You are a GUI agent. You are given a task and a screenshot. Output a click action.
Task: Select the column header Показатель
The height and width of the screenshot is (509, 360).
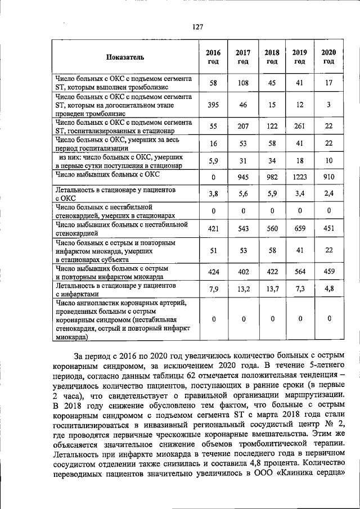[x=125, y=57]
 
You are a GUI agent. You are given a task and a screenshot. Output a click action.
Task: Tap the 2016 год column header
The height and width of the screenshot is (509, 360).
[x=213, y=57]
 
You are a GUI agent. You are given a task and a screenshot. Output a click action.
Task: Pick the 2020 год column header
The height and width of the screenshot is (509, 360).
[x=328, y=57]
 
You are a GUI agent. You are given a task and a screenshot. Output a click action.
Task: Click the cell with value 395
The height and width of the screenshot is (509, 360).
[x=213, y=105]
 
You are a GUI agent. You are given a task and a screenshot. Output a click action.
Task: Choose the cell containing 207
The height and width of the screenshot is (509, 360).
[x=242, y=127]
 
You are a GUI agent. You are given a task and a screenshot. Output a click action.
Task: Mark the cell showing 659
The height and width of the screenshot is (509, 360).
[x=300, y=229]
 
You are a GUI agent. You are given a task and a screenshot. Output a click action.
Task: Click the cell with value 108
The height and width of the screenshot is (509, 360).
[x=242, y=83]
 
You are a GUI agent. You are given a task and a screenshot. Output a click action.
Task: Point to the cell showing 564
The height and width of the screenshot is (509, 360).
[x=300, y=272]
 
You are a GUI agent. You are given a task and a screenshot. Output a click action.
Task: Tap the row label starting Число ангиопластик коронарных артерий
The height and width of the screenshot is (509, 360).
[x=120, y=303]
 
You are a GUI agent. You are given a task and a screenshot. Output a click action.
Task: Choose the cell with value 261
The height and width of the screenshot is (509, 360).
[x=300, y=127]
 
